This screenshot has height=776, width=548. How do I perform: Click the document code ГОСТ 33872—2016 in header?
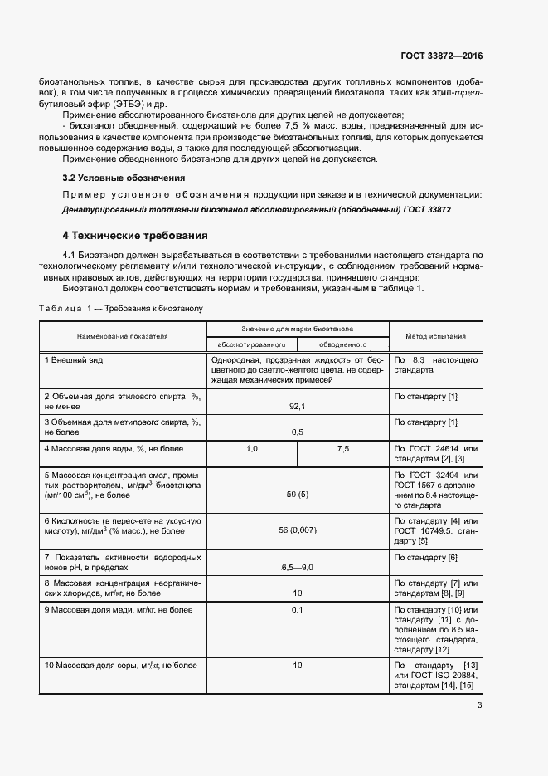click(443, 56)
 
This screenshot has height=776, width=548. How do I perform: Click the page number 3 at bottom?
click(479, 706)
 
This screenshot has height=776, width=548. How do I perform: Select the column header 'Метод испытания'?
click(435, 336)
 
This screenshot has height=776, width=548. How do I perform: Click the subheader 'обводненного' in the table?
click(342, 344)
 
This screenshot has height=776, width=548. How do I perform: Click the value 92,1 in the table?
click(298, 406)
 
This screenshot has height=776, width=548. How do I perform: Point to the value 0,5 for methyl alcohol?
click(298, 432)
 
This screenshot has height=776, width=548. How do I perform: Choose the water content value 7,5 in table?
click(343, 448)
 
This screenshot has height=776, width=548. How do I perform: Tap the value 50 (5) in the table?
click(298, 495)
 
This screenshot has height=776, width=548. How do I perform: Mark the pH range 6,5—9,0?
click(298, 567)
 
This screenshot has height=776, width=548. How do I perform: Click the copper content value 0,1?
click(298, 610)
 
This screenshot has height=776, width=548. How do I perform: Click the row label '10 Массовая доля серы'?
click(121, 666)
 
